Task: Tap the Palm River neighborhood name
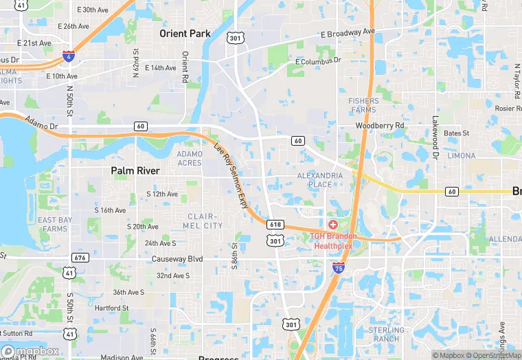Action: [x=135, y=170]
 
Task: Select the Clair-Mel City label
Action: [x=205, y=221]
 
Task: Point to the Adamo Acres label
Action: [x=190, y=158]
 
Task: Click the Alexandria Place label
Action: [x=319, y=180]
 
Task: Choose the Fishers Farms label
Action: [x=363, y=105]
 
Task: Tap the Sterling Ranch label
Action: [x=387, y=335]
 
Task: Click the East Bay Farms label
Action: [x=55, y=224]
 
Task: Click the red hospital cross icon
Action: [x=333, y=225]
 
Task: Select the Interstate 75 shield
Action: [x=339, y=267]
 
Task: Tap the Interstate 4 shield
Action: [x=68, y=55]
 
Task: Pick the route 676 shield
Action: [x=80, y=258]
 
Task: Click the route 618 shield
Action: [x=275, y=225]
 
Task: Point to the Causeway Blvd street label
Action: [x=179, y=258]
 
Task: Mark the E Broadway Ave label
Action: [x=348, y=33]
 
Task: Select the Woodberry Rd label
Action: [x=380, y=126]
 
